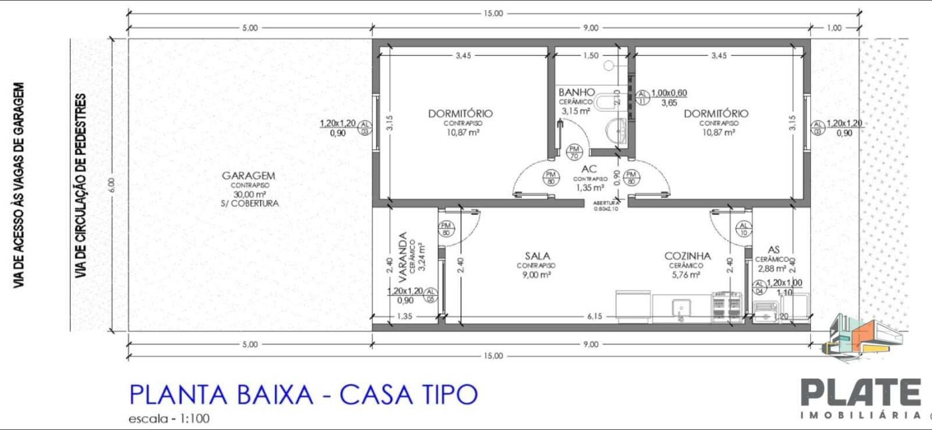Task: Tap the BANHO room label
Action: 577,92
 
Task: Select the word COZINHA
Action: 688,256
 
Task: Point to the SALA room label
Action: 537,256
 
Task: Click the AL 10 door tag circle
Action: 744,230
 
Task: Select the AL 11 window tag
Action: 642,97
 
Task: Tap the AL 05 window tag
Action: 431,295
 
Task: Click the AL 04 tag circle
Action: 758,286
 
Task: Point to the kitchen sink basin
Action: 680,308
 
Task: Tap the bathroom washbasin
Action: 619,130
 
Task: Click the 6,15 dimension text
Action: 594,317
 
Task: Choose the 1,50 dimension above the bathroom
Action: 590,56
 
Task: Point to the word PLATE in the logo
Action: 860,393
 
